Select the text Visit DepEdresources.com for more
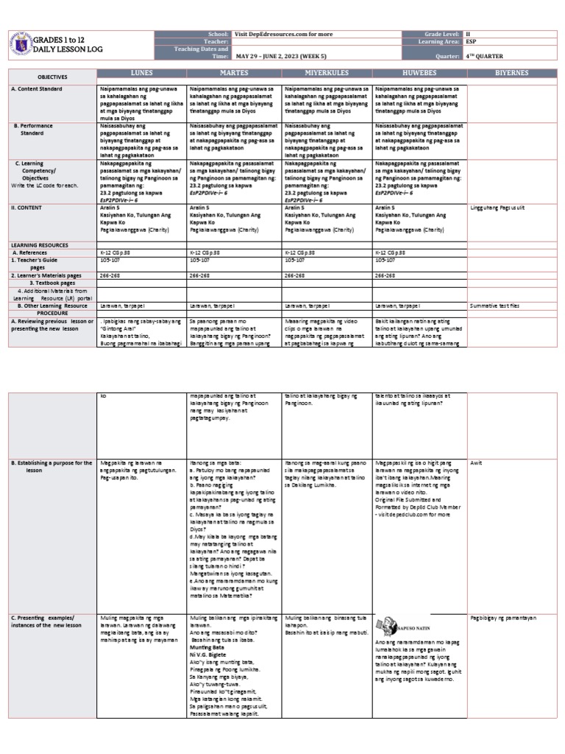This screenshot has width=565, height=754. (x=280, y=35)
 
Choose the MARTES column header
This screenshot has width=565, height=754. (x=232, y=74)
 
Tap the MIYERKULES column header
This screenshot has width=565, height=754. (x=326, y=74)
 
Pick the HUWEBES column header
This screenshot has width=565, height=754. (x=419, y=74)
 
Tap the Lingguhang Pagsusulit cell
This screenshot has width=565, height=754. (x=500, y=208)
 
